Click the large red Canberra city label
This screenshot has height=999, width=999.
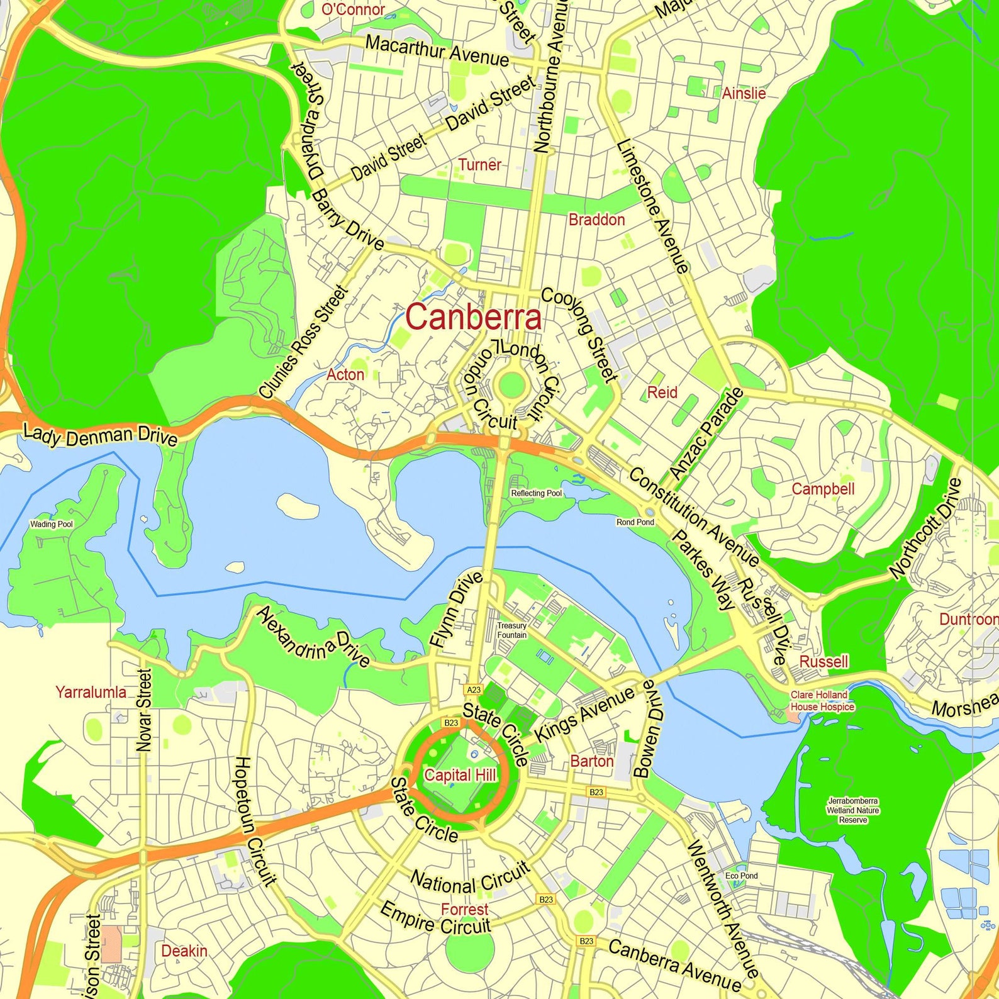(473, 317)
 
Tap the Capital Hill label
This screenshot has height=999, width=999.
(460, 775)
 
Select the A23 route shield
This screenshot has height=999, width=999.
(474, 690)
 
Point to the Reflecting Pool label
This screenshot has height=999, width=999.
(536, 493)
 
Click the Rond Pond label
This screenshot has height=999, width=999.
(635, 522)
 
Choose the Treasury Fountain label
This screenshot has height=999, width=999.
(511, 630)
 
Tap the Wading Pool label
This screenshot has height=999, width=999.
(52, 524)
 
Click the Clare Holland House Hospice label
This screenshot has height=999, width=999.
(822, 701)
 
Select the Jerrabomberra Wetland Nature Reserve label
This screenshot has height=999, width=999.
(853, 810)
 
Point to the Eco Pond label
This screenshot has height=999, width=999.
(741, 876)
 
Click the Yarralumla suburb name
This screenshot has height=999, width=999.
(91, 693)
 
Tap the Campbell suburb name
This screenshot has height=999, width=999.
(823, 489)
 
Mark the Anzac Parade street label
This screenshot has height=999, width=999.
(706, 434)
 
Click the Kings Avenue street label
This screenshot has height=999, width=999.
(584, 715)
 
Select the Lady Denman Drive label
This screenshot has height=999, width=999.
(100, 435)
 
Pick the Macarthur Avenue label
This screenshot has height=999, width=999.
(437, 52)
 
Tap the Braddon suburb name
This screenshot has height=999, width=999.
(596, 220)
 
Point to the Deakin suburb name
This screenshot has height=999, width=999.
(184, 951)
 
